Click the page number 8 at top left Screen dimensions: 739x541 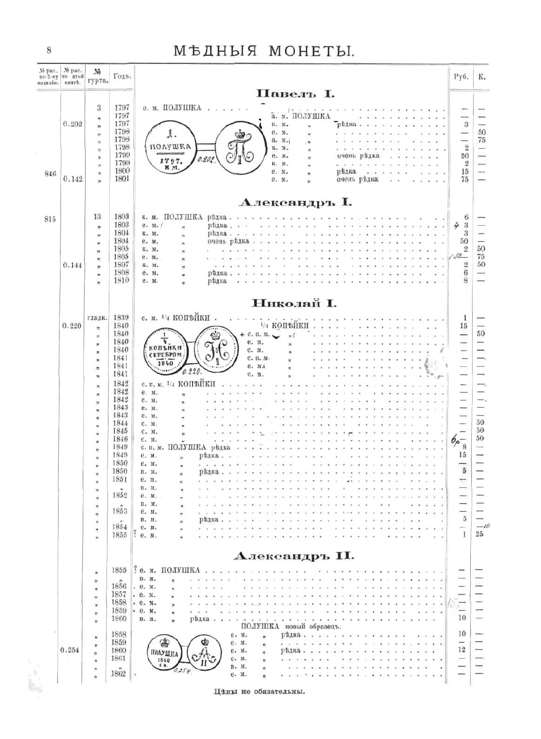pyautogui.click(x=49, y=50)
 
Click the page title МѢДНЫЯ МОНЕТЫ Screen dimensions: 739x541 pyautogui.click(x=264, y=50)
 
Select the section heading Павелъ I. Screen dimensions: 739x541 pyautogui.click(x=295, y=94)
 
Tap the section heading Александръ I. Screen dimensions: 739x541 pyautogui.click(x=295, y=202)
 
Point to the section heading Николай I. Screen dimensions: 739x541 pyautogui.click(x=294, y=303)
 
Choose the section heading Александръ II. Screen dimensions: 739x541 pyautogui.click(x=294, y=556)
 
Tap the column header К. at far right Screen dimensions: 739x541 pyautogui.click(x=481, y=77)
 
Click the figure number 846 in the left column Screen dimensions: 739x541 pyautogui.click(x=50, y=174)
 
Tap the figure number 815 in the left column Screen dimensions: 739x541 pyautogui.click(x=50, y=219)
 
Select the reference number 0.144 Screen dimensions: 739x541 pyautogui.click(x=72, y=265)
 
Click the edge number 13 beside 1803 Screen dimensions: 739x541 pyautogui.click(x=97, y=217)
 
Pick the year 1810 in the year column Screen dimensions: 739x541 pyautogui.click(x=121, y=281)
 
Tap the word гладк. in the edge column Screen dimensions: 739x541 pyautogui.click(x=97, y=318)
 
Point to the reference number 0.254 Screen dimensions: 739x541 pyautogui.click(x=70, y=650)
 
